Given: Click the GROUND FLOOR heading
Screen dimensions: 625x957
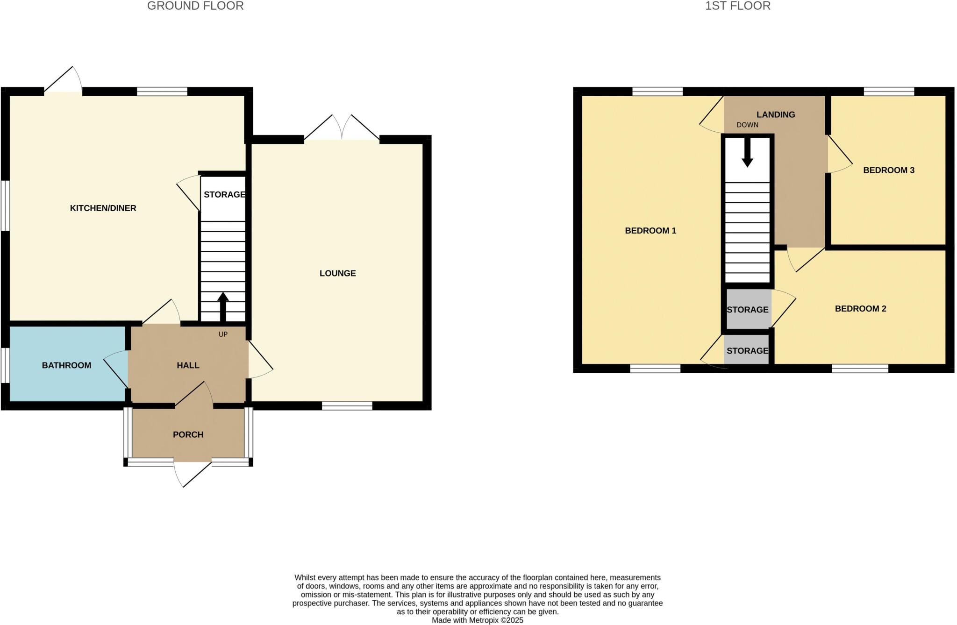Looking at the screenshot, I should click(195, 6).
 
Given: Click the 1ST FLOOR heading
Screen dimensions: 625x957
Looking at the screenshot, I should click(738, 6).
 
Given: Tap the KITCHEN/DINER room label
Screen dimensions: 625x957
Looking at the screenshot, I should click(103, 208).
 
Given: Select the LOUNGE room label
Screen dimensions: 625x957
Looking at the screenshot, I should click(337, 273).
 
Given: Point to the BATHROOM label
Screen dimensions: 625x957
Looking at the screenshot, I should click(66, 365).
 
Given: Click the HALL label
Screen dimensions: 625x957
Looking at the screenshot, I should click(188, 365).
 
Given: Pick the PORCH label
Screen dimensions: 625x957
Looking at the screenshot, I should click(188, 434).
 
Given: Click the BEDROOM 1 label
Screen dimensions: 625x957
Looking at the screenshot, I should click(650, 230).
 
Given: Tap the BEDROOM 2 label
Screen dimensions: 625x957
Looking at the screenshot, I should click(860, 309).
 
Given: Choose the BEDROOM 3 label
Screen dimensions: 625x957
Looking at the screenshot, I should click(888, 170).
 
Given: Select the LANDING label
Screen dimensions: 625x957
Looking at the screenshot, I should click(776, 114).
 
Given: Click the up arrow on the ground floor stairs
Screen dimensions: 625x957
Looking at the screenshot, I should click(223, 306).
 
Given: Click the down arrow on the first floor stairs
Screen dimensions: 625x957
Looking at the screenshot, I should click(747, 153).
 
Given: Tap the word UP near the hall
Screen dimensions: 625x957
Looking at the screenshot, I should click(223, 334).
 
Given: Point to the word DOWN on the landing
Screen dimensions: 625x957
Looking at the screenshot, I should click(747, 125).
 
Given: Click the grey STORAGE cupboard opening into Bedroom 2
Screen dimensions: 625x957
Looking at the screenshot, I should click(748, 309).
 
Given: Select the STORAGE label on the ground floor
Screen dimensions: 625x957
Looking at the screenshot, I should click(224, 194).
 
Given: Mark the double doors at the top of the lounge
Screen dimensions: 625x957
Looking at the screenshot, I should click(342, 128).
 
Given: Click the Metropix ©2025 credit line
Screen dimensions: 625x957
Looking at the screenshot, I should click(477, 620).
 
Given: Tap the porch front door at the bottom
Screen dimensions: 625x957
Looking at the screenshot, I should click(193, 473).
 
